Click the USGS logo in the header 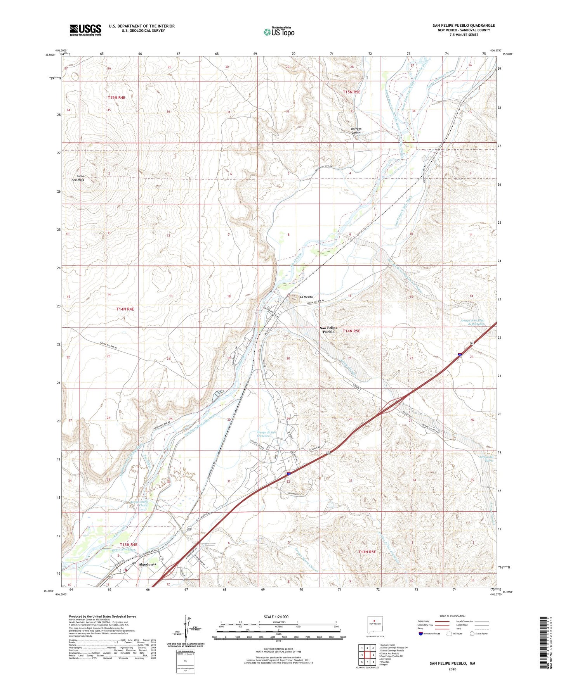[85, 30]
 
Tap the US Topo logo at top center [279, 32]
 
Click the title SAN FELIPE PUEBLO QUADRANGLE [464, 26]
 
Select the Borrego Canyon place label [356, 131]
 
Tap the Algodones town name [148, 564]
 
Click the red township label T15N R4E [116, 98]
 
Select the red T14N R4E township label [125, 309]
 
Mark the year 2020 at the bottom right [452, 669]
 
